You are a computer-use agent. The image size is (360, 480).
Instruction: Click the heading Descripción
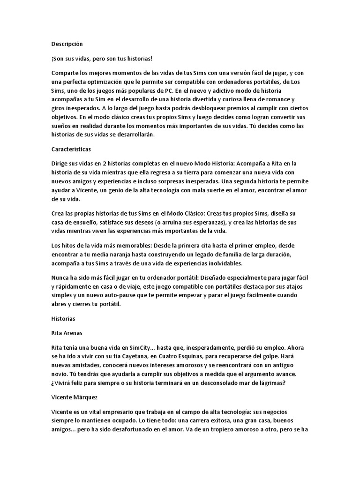click(67, 44)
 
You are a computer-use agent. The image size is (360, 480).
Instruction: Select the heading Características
click(71, 149)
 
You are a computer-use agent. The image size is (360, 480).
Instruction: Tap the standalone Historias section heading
click(63, 318)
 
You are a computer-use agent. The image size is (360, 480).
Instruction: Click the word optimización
click(102, 81)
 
